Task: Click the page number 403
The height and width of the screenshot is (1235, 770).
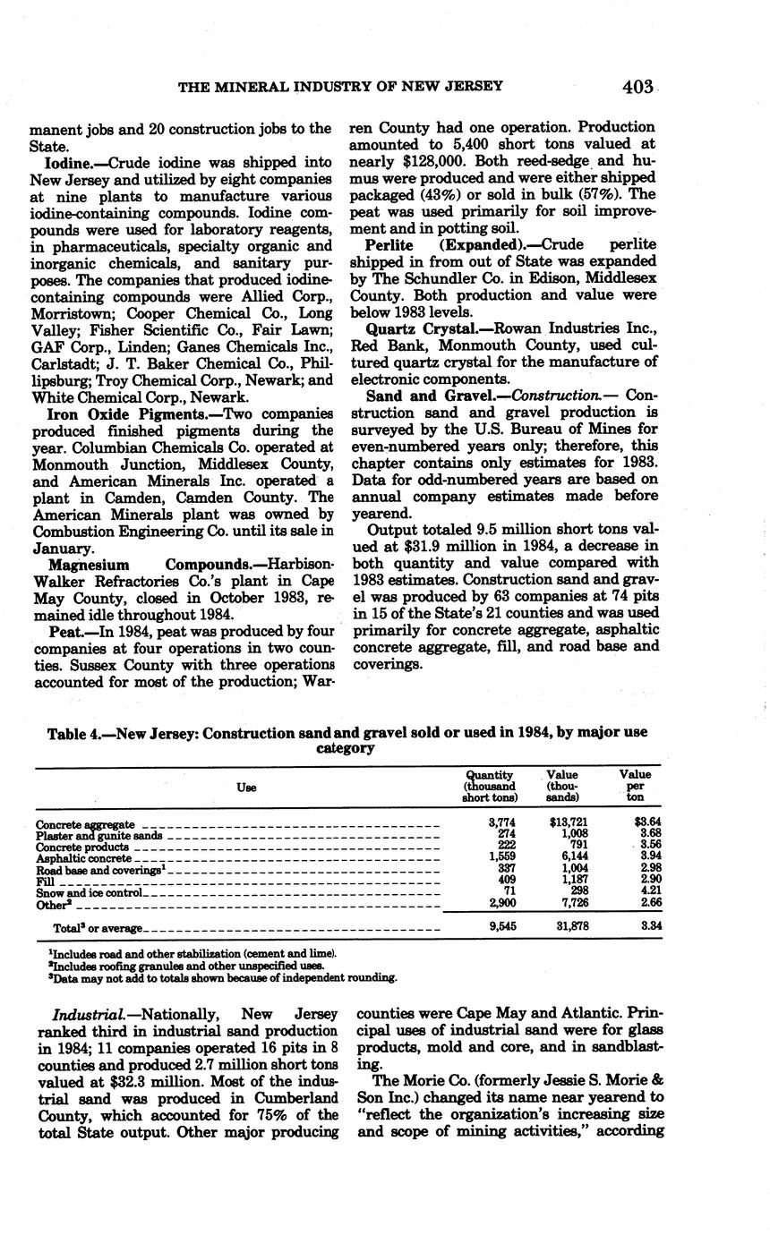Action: point(638,87)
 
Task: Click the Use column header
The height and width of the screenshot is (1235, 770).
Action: point(246,787)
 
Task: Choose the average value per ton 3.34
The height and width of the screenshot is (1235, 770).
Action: point(651,926)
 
